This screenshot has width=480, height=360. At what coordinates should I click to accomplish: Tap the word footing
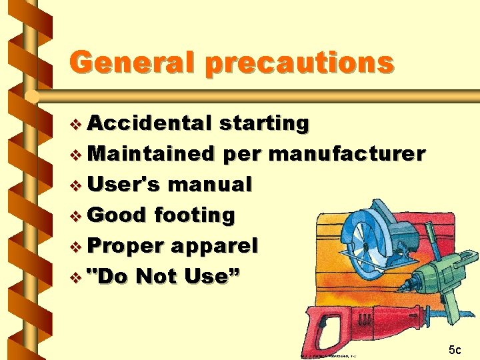(194, 215)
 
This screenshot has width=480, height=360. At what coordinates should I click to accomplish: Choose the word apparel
(214, 246)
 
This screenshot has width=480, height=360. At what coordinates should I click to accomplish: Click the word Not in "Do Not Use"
(163, 275)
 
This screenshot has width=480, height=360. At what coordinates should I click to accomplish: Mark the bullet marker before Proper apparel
(77, 246)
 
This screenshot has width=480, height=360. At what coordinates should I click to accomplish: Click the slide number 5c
(455, 349)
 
